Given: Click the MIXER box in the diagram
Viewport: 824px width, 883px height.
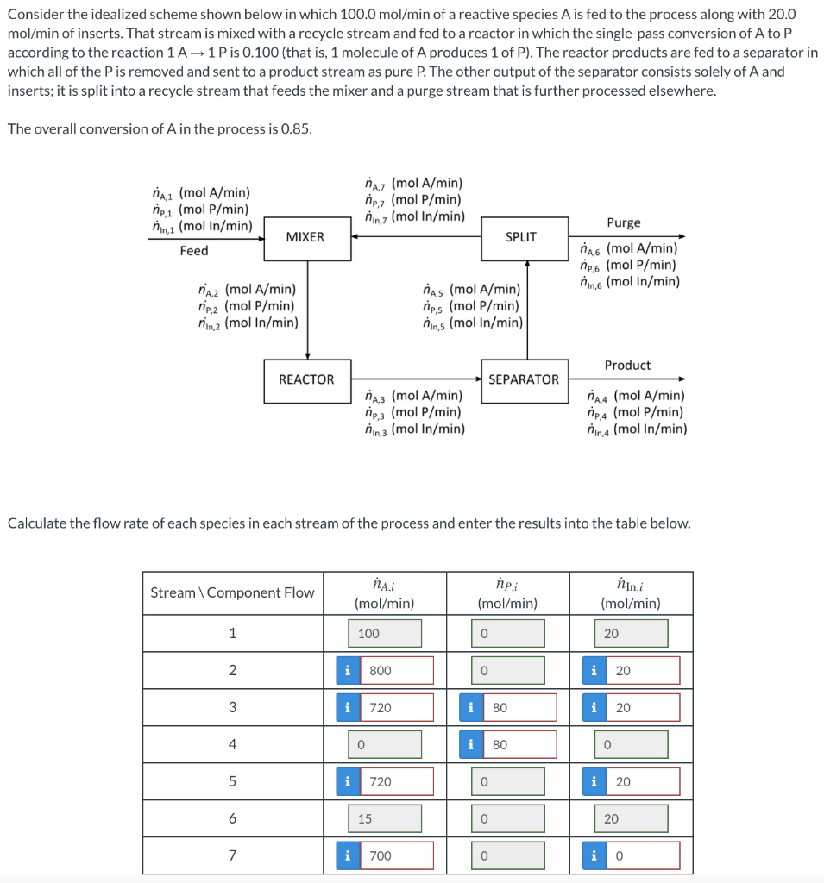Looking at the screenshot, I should (x=305, y=237).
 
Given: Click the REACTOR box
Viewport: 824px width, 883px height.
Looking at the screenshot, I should (x=306, y=379).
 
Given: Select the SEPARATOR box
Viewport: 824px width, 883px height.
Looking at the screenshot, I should (x=524, y=379).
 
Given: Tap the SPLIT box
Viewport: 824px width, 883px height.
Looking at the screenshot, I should (x=520, y=237).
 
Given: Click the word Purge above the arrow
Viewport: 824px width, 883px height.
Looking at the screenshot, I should (x=624, y=222).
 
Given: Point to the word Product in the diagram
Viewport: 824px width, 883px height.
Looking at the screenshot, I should (x=627, y=365).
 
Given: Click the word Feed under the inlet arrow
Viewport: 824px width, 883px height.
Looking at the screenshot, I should (x=194, y=250).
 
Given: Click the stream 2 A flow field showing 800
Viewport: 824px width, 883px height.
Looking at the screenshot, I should (x=396, y=670).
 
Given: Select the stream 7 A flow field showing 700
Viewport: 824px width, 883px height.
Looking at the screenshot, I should (x=396, y=855).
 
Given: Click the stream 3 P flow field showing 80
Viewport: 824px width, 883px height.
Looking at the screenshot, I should (x=519, y=707).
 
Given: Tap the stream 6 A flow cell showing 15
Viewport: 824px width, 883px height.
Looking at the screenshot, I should (x=385, y=818).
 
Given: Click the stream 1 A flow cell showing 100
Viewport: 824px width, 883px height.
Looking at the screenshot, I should (x=385, y=633).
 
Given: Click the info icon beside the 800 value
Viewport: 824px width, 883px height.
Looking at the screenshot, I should (x=347, y=670).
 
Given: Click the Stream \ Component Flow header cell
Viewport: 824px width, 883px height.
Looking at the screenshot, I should (x=232, y=592).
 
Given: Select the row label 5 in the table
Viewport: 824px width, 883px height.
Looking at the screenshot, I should (x=232, y=781).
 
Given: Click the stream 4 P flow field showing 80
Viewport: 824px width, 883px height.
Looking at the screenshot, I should (x=519, y=744).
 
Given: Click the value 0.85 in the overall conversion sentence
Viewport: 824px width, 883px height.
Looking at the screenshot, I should (x=295, y=128).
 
